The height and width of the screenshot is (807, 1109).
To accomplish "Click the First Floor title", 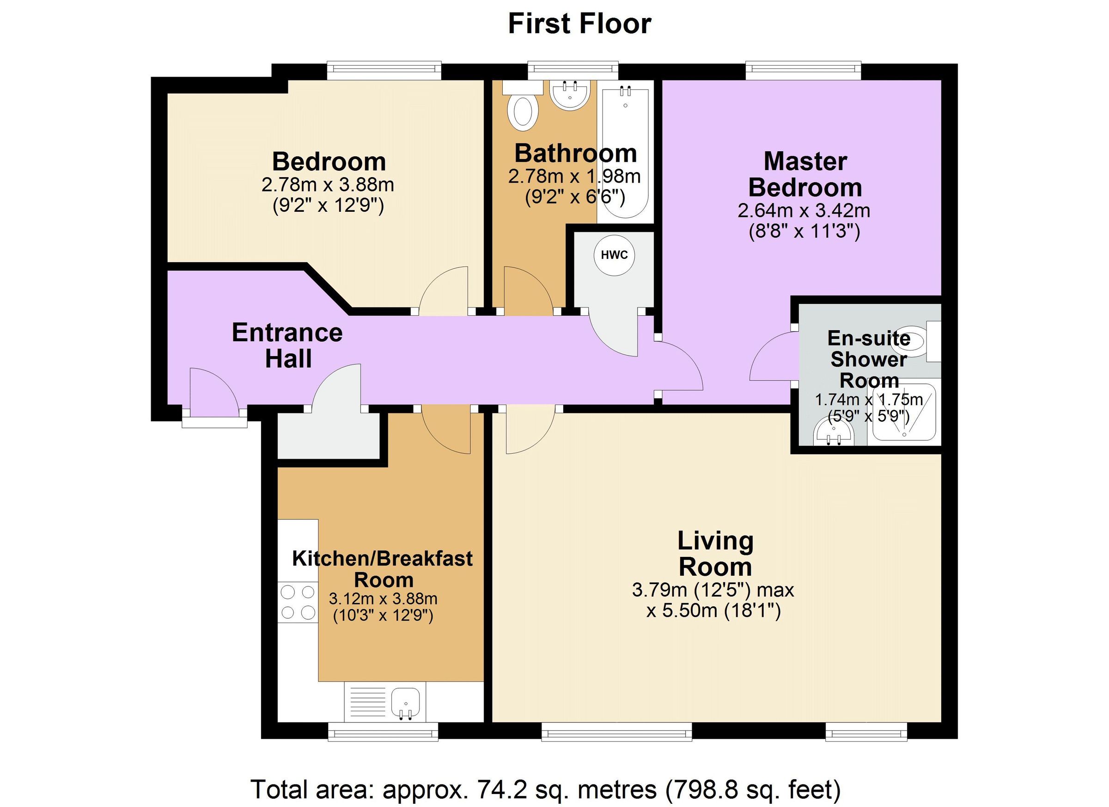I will pyautogui.click(x=579, y=24).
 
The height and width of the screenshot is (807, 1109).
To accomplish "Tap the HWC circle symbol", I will pyautogui.click(x=614, y=255).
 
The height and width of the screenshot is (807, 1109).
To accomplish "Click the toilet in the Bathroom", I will pyautogui.click(x=523, y=112).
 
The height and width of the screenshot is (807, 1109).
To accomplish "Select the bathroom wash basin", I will pyautogui.click(x=570, y=96).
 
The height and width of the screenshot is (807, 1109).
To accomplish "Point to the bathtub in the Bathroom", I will pyautogui.click(x=625, y=152).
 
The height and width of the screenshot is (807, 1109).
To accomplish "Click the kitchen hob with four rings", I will pyautogui.click(x=298, y=603).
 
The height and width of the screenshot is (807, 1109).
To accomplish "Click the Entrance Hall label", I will pyautogui.click(x=287, y=345).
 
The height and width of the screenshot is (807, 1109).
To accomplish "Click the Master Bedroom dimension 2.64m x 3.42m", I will pyautogui.click(x=804, y=210).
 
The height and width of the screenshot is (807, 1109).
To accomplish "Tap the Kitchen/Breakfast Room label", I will pyautogui.click(x=383, y=569).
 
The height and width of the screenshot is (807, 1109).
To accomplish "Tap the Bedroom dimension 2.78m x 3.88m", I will pyautogui.click(x=328, y=185).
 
